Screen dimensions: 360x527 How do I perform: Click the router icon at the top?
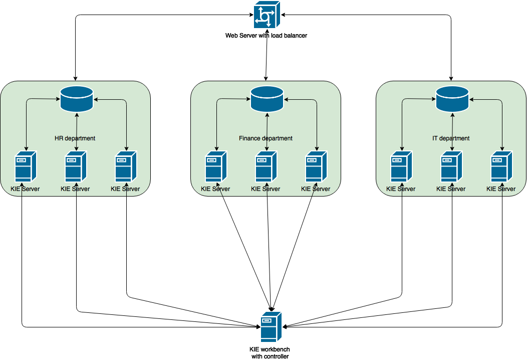[x=267, y=15]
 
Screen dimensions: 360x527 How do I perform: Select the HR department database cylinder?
[x=77, y=98]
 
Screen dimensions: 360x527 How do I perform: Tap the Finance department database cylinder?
[x=267, y=98]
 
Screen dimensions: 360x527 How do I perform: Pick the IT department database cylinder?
[x=452, y=98]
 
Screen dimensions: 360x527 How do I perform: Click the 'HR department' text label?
[x=75, y=138]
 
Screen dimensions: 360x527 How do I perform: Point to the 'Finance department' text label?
[x=266, y=138]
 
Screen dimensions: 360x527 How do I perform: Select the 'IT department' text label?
[x=451, y=138]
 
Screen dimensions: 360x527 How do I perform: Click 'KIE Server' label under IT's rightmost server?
[x=501, y=189]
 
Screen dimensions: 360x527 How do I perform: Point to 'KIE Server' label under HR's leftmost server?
[x=25, y=189]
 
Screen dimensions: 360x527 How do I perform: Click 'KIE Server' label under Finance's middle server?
[x=266, y=189]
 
